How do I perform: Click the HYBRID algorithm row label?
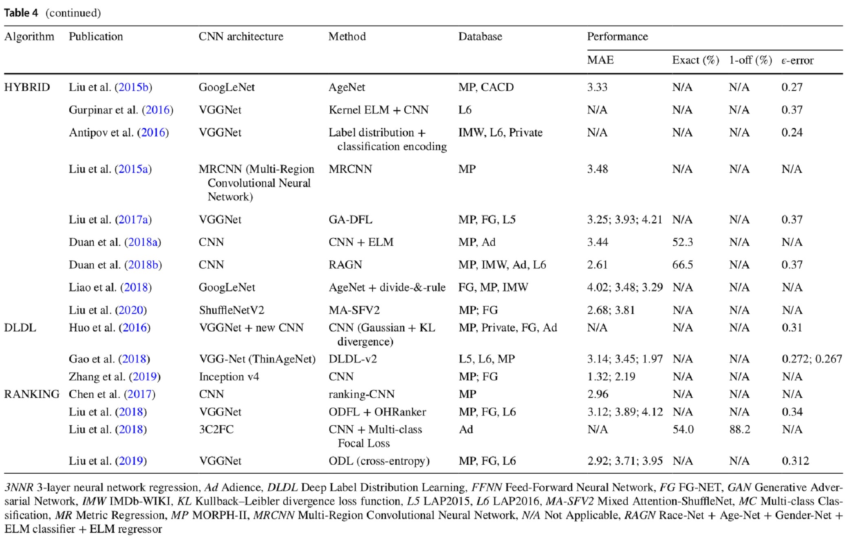point(27,87)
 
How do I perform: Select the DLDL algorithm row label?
point(20,328)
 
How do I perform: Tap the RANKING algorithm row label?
point(32,394)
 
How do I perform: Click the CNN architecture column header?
point(240,37)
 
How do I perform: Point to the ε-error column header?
point(797,61)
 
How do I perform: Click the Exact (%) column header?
point(695,60)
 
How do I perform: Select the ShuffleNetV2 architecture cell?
point(232,310)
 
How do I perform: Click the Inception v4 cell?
point(229,377)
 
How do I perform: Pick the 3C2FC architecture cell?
point(216,430)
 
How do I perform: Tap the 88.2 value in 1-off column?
point(739,430)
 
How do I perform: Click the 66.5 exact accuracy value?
point(682,265)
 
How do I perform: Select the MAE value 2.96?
point(598,394)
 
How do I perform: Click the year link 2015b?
point(133,87)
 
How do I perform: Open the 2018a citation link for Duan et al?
point(143,242)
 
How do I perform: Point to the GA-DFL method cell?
point(350,220)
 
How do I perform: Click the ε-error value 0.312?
point(795,461)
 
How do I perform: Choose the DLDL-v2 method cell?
point(353,359)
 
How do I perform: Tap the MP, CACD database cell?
point(486,87)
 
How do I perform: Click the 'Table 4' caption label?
point(21,13)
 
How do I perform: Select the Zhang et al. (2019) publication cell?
point(115,377)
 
